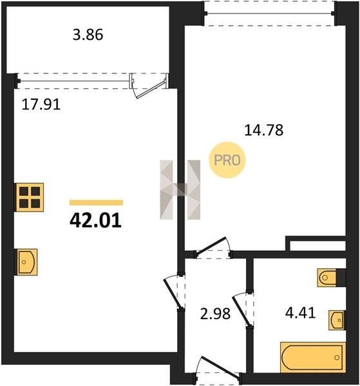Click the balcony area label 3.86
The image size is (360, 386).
(x=88, y=35)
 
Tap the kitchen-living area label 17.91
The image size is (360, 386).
(x=41, y=104)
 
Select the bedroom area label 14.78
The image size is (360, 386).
(x=263, y=130)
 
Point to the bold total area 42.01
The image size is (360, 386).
(x=95, y=220)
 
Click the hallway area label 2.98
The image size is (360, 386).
(x=215, y=314)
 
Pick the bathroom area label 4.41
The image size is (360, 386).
(x=300, y=313)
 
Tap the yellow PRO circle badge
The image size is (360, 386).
(x=227, y=160)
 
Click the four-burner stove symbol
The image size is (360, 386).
(x=30, y=198)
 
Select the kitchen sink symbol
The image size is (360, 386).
(x=27, y=262)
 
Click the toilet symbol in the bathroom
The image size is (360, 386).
(x=327, y=278)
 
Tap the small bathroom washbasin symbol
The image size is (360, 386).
(x=337, y=320)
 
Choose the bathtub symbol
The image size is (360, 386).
(x=313, y=357)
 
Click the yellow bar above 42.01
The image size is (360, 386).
(x=96, y=203)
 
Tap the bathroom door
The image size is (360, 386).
(x=243, y=309)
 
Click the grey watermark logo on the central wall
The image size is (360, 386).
(x=180, y=190)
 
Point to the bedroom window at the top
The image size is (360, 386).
(x=270, y=14)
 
